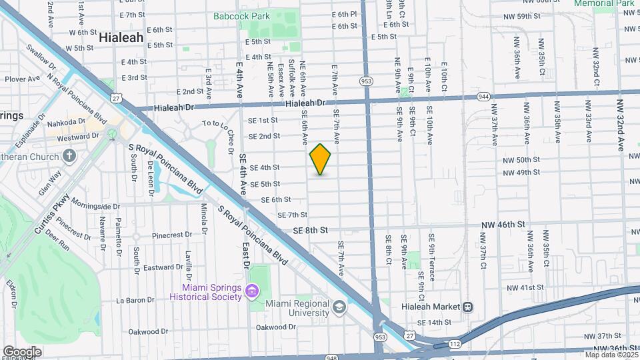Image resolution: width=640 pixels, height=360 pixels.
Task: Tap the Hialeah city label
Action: pos(121,38)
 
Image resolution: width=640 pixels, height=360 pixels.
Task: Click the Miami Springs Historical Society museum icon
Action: pos(251,291)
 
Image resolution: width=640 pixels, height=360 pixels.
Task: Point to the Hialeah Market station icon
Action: pos(468,307)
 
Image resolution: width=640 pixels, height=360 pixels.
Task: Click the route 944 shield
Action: pos(483,97)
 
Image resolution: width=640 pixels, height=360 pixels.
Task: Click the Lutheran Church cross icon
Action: pos(69,156)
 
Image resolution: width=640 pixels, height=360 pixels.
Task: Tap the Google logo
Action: pos(22,351)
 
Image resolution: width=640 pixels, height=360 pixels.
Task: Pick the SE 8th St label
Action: pos(311,230)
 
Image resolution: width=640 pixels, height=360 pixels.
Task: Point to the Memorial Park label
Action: pos(603,3)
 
